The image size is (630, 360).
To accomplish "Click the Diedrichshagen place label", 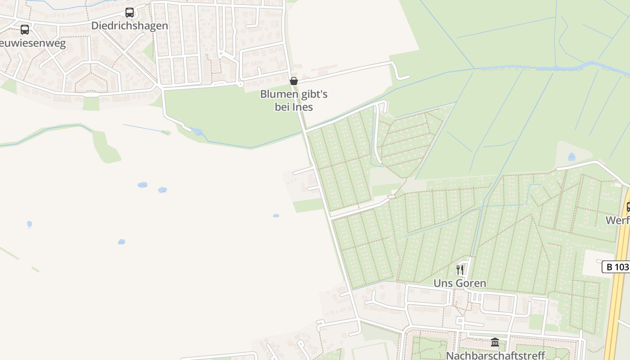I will pyautogui.click(x=130, y=26).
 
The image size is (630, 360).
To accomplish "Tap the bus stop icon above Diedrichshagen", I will pyautogui.click(x=130, y=13).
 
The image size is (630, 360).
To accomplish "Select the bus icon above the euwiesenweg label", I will pyautogui.click(x=25, y=30).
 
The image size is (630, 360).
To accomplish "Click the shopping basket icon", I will pyautogui.click(x=294, y=81).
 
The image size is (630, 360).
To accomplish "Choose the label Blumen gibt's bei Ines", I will pyautogui.click(x=294, y=100).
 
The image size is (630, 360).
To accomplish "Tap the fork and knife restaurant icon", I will pyautogui.click(x=460, y=270).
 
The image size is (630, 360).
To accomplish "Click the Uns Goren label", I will pyautogui.click(x=459, y=283).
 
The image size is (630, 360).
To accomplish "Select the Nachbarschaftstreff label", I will pyautogui.click(x=495, y=355).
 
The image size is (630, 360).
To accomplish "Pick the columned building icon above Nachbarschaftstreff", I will pyautogui.click(x=495, y=342).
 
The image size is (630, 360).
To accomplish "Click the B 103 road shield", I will pyautogui.click(x=616, y=267).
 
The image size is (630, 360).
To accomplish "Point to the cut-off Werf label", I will pyautogui.click(x=617, y=220).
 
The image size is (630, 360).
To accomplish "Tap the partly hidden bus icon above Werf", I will pyautogui.click(x=628, y=207).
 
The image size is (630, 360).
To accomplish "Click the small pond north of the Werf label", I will pyautogui.click(x=571, y=157).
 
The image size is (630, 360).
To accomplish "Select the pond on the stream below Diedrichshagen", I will pyautogui.click(x=197, y=131).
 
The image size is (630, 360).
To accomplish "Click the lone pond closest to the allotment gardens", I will pyautogui.click(x=276, y=216).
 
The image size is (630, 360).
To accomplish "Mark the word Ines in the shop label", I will pyautogui.click(x=302, y=107).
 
